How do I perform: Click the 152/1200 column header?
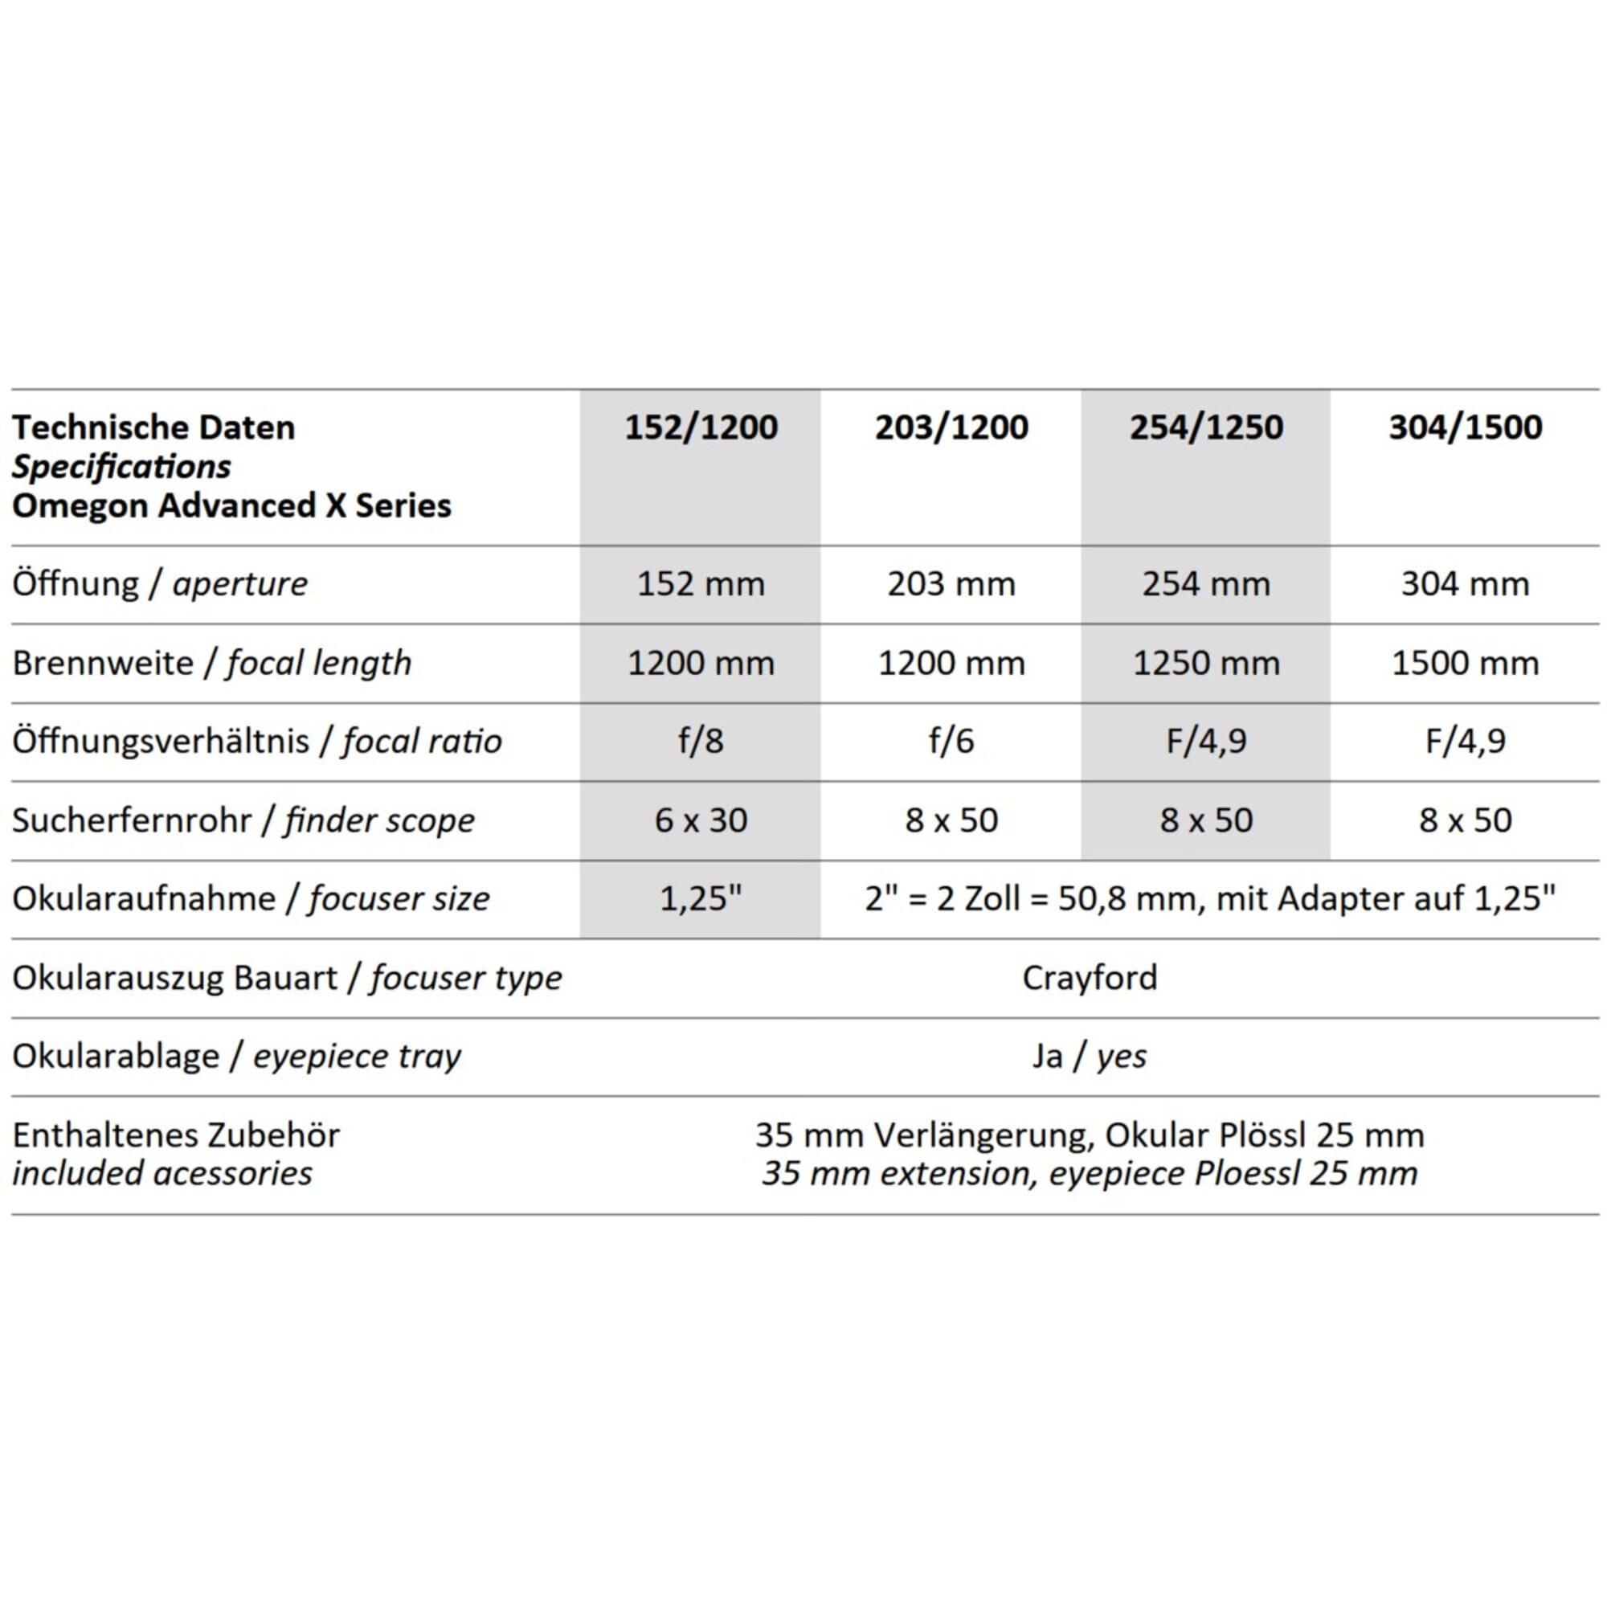(701, 427)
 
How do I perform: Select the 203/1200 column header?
(951, 427)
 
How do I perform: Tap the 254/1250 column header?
(1205, 427)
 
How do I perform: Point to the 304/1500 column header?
(1465, 427)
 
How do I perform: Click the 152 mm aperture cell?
(701, 584)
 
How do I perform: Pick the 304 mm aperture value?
(1465, 584)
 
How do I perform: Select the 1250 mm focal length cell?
(1205, 663)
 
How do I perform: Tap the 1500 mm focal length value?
(1465, 663)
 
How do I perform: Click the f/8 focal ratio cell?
(701, 740)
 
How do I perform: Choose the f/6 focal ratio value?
(951, 740)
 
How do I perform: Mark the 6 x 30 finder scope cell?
(701, 820)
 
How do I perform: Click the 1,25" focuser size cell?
(701, 898)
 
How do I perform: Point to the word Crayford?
(1089, 977)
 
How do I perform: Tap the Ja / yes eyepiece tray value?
(1089, 1057)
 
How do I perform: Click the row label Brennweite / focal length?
(211, 663)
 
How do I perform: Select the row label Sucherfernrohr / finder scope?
(243, 820)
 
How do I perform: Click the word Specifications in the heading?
(121, 467)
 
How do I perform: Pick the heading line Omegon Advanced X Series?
(231, 505)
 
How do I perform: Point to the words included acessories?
(162, 1174)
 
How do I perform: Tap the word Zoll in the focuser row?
(992, 898)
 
